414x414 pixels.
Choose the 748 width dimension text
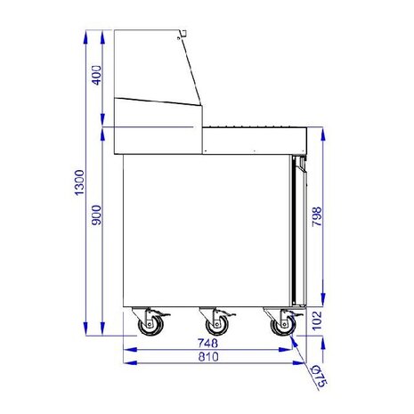tap(207, 342)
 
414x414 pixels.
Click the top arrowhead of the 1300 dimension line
tap(85, 34)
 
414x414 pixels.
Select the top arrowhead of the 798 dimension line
tap(323, 132)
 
